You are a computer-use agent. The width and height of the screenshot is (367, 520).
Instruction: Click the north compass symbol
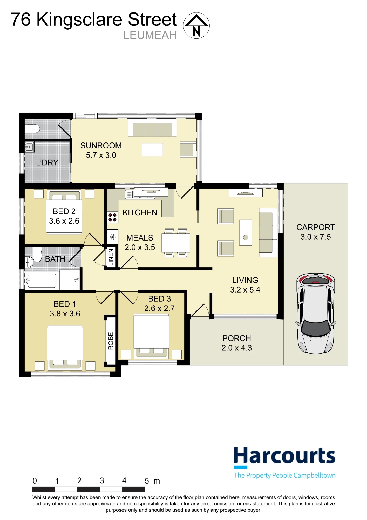pyautogui.click(x=196, y=25)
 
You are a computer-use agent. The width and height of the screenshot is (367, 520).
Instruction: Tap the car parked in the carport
pyautogui.click(x=316, y=313)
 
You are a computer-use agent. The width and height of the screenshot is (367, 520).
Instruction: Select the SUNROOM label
pyautogui.click(x=101, y=146)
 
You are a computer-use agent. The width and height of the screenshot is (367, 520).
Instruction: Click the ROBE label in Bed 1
pyautogui.click(x=111, y=341)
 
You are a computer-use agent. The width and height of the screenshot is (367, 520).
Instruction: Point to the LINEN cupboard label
pyautogui.click(x=111, y=257)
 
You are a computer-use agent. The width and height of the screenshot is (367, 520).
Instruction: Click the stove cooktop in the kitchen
pyautogui.click(x=112, y=218)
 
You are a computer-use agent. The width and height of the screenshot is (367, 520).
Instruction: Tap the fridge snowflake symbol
pyautogui.click(x=113, y=237)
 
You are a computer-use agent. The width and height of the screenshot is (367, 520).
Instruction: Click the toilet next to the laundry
pyautogui.click(x=32, y=128)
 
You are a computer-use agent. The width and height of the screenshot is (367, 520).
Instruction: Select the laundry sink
pyautogui.click(x=29, y=147)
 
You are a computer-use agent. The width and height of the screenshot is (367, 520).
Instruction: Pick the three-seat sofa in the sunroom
pyautogui.click(x=153, y=128)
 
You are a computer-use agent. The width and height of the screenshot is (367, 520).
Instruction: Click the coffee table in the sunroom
pyautogui.click(x=152, y=149)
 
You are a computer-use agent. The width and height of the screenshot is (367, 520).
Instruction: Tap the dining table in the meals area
pyautogui.click(x=176, y=243)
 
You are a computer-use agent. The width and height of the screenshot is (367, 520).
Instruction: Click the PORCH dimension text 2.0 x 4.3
pyautogui.click(x=236, y=348)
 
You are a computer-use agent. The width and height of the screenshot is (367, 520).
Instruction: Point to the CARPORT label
pyautogui.click(x=316, y=227)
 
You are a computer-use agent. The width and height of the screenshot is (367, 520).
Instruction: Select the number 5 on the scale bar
pyautogui.click(x=147, y=481)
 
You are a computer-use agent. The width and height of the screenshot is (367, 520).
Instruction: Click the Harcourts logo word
pyautogui.click(x=284, y=456)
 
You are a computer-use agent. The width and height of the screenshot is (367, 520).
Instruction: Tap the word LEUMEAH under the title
pyautogui.click(x=150, y=35)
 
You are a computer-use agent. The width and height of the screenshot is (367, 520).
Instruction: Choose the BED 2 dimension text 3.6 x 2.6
pyautogui.click(x=64, y=221)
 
